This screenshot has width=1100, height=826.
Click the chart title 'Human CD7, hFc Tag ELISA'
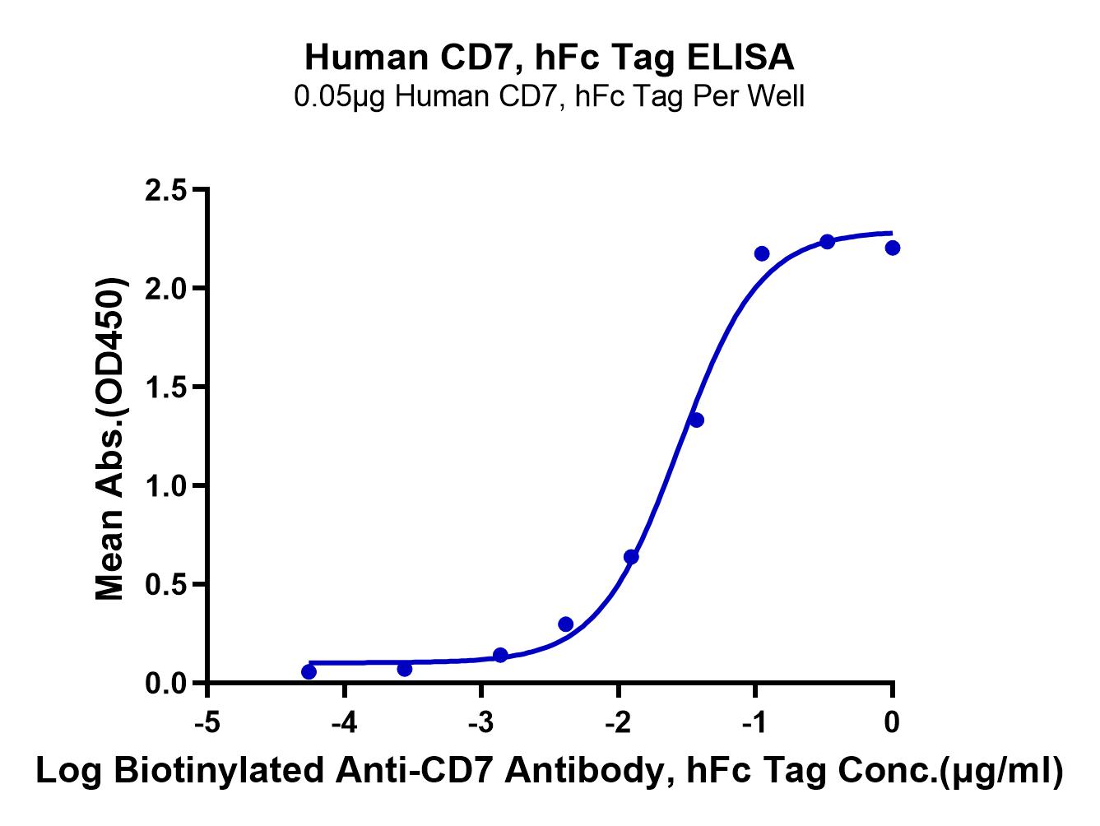coord(550,58)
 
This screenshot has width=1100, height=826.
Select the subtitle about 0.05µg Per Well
coord(550,97)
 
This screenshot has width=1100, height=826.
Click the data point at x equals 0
coord(893,248)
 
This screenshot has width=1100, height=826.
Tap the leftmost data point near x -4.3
coord(309,672)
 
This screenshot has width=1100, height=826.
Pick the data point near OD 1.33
coord(696,420)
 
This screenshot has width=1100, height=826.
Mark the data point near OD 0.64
coord(631,557)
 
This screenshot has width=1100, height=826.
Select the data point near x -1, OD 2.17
coord(762,253)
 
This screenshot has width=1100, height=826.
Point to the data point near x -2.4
coord(565,624)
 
